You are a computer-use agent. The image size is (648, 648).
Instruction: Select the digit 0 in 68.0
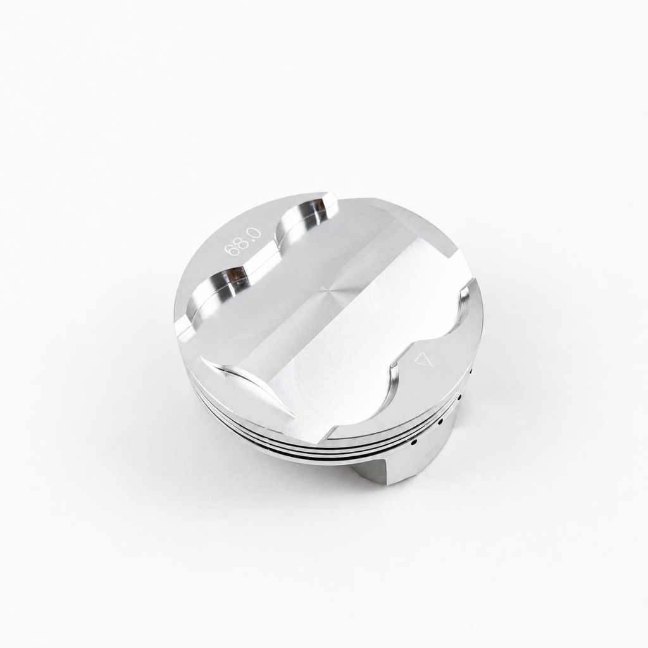pyautogui.click(x=256, y=233)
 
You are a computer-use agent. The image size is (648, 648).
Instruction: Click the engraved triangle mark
pyautogui.click(x=422, y=358)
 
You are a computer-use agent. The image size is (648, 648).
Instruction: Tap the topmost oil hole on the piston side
pyautogui.click(x=471, y=370)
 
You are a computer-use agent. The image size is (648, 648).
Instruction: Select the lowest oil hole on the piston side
pyautogui.click(x=414, y=443)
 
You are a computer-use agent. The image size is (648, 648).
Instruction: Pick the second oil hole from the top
pyautogui.click(x=459, y=397)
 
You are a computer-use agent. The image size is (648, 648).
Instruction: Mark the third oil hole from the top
pyautogui.click(x=440, y=422)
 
